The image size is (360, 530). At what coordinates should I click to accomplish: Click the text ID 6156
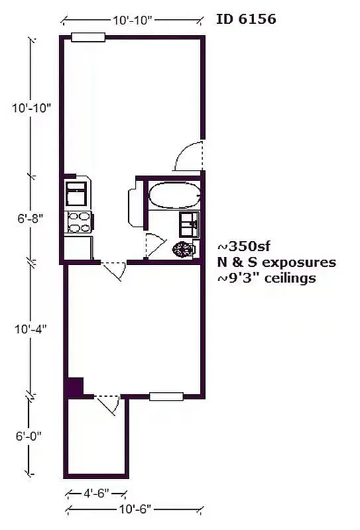(246, 19)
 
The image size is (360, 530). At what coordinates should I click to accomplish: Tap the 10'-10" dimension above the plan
(133, 21)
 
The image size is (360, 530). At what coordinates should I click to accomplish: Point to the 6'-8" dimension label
(30, 218)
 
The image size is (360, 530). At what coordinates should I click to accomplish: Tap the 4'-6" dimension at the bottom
(96, 494)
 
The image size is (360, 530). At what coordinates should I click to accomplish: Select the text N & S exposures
(276, 262)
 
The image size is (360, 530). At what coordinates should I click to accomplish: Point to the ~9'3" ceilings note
(267, 278)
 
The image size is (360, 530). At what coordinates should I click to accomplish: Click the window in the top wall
(88, 37)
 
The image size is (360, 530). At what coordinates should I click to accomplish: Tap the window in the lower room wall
(166, 397)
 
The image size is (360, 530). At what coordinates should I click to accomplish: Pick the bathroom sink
(190, 224)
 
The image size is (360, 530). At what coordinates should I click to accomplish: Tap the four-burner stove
(79, 222)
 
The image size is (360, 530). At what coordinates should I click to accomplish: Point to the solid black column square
(74, 386)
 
